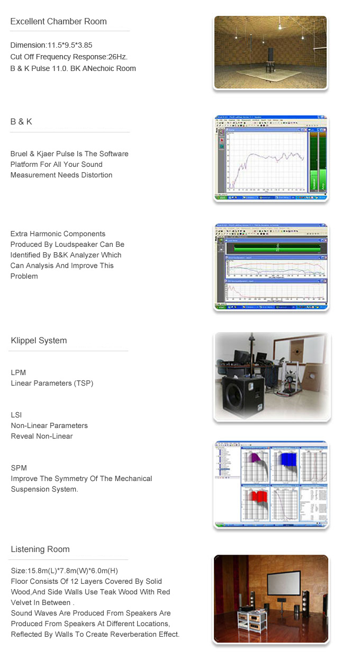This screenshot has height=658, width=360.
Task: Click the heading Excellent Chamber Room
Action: [58, 22]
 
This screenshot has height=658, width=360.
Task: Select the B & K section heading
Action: [21, 122]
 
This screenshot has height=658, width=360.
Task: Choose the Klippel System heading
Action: [39, 341]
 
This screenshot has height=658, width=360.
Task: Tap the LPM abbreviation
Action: [18, 373]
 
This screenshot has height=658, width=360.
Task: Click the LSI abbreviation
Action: [16, 415]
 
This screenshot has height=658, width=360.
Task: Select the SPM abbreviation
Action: [19, 468]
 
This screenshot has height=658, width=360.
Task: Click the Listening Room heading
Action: [40, 549]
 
